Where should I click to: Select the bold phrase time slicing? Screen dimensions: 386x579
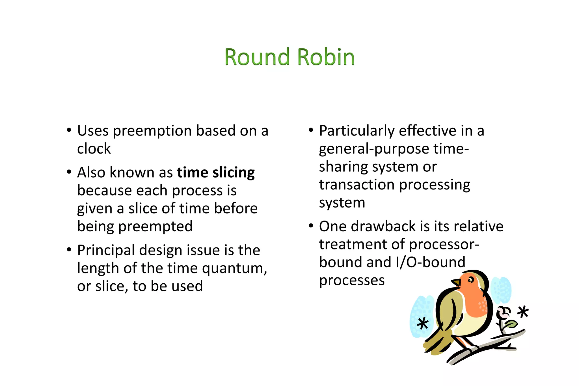216,172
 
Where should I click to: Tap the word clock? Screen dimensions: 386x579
94,149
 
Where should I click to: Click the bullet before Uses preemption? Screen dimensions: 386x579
69,130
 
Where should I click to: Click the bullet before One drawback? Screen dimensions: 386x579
311,226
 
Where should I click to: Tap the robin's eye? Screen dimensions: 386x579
470,280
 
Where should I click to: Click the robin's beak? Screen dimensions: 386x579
456,282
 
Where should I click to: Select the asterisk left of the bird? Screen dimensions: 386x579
423,324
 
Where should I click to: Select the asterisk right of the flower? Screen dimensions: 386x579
523,312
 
